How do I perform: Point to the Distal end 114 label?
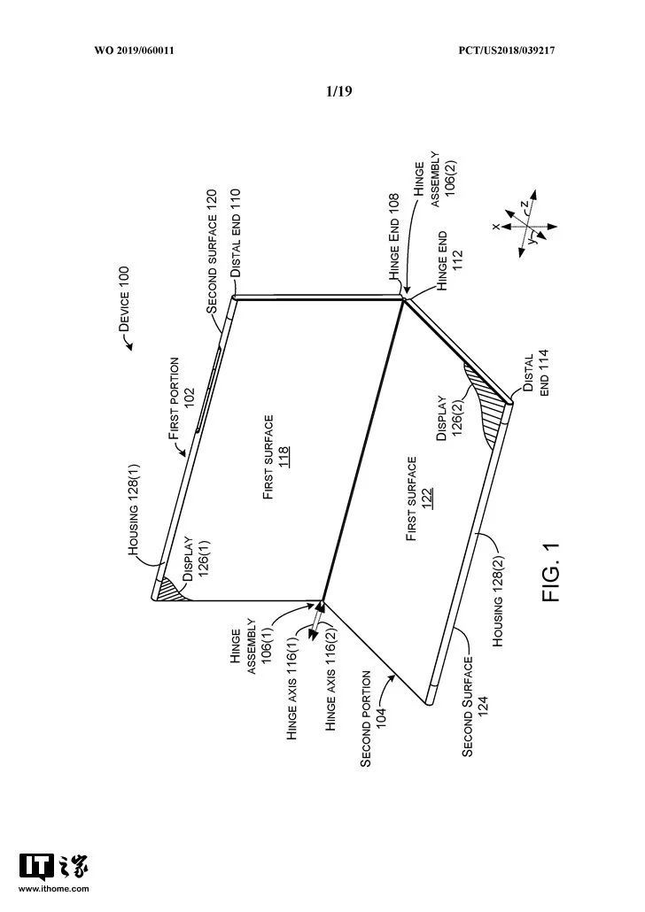pos(537,375)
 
